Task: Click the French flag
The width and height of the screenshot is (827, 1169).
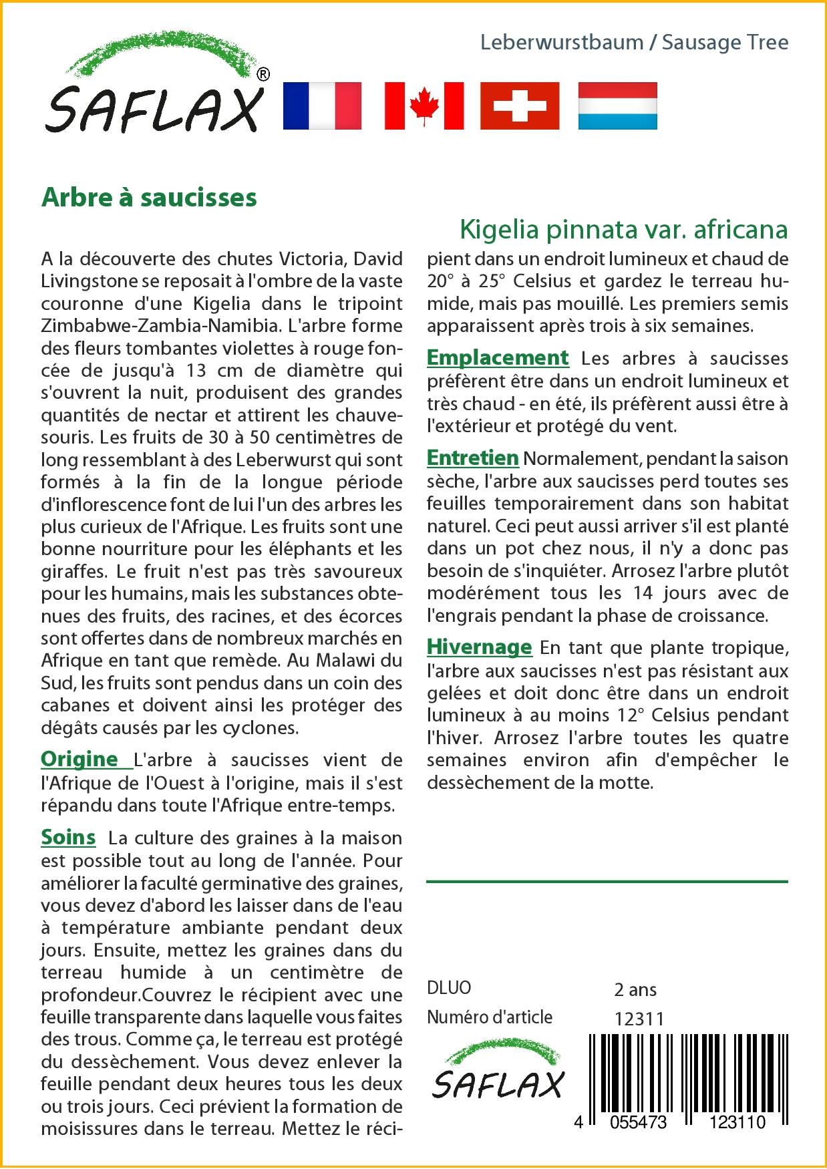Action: (x=322, y=106)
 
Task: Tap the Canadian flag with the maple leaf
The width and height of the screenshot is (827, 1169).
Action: (x=424, y=106)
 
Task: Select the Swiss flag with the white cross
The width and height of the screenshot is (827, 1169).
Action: (x=520, y=106)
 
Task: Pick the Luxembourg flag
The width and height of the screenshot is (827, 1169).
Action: (x=617, y=106)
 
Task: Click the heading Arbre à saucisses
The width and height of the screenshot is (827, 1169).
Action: (x=149, y=198)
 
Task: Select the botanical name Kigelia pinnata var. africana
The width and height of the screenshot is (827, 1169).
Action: (x=623, y=229)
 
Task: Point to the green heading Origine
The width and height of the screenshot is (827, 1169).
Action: (x=79, y=759)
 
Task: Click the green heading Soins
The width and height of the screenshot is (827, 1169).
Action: (x=68, y=837)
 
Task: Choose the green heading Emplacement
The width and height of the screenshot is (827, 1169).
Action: (x=498, y=357)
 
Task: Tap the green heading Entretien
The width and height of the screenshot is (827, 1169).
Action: (x=472, y=458)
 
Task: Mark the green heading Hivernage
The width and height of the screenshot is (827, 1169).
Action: (x=479, y=647)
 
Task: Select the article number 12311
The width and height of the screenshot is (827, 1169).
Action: (x=639, y=1019)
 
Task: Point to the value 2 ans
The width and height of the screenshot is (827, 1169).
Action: (x=635, y=989)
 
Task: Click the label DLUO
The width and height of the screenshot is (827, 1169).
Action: (x=449, y=987)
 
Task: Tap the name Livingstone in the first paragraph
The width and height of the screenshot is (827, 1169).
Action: (x=89, y=281)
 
